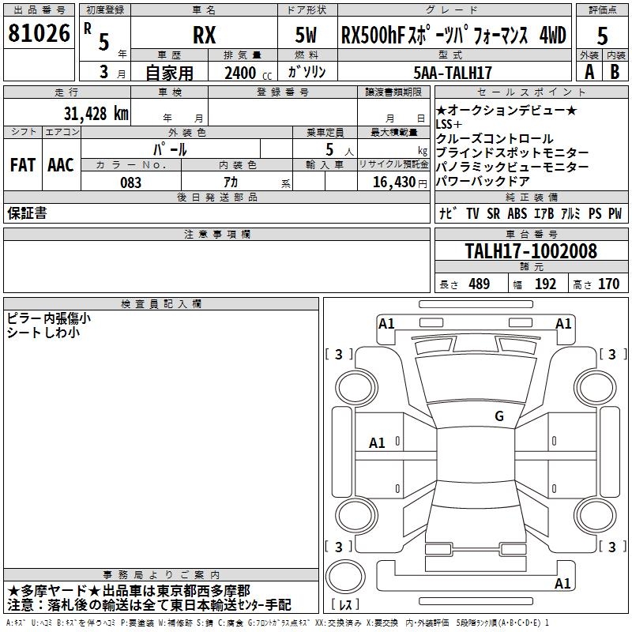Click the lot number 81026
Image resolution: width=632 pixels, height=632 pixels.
coord(39,33)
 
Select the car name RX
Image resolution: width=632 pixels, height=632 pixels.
coord(204,36)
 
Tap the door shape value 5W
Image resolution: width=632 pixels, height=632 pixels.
coord(306,36)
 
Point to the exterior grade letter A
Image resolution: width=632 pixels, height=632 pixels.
coord(589,72)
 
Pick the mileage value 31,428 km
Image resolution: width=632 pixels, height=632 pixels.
coord(96,113)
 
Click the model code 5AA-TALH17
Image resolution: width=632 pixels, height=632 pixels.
coord(453,73)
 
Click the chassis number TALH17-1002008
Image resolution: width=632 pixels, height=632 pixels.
coord(531,251)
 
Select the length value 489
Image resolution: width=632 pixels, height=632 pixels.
coord(479,284)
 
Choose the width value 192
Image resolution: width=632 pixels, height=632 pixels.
coord(545,284)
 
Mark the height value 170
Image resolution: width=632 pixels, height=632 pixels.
coord(608,284)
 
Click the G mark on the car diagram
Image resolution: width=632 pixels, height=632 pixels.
coord(498,416)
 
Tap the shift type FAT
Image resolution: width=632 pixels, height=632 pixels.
coord(22,164)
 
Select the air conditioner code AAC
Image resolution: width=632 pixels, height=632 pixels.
coord(60,164)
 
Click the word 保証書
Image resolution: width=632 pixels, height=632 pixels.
coord(27,213)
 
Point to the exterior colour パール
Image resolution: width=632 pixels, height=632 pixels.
coord(171,149)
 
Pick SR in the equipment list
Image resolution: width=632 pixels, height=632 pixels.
coord(495,213)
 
